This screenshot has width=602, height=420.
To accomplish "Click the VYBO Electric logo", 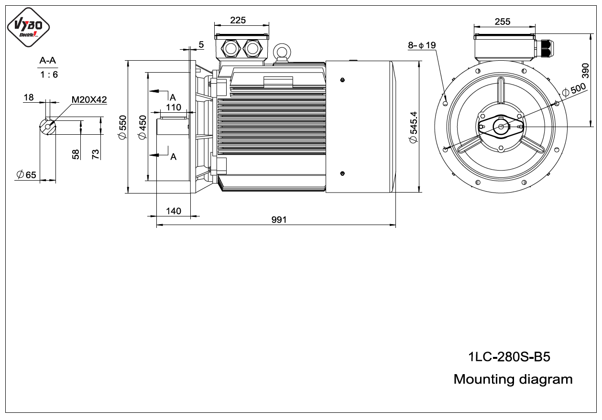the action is tap(28, 27).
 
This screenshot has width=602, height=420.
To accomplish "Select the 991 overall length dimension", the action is tap(279, 220).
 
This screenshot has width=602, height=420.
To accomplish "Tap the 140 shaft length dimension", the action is tap(174, 211).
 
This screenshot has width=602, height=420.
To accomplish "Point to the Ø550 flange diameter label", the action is tap(122, 127).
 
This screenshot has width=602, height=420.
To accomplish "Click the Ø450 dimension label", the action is tap(142, 127).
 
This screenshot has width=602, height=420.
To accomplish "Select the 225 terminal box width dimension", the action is tap(238, 20).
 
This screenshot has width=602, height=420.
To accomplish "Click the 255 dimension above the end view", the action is tap(502, 22).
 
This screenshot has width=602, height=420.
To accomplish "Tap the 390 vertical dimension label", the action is tap(585, 71).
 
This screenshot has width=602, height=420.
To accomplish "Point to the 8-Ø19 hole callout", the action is tap(422, 45).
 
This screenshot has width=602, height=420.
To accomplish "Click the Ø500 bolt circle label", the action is tap(574, 90).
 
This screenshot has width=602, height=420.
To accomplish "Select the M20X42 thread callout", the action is tap(89, 100).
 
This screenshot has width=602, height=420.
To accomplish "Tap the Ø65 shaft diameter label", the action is tap(26, 175).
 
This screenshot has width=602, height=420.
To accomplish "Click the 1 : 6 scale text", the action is tap(49, 75).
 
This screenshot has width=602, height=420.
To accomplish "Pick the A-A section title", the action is tap(47, 60).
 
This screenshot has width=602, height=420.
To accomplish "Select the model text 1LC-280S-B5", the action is tap(509, 357).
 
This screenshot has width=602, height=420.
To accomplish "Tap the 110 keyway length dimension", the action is tap(174, 108).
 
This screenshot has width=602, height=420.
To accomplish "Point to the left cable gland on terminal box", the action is tap(230, 49).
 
